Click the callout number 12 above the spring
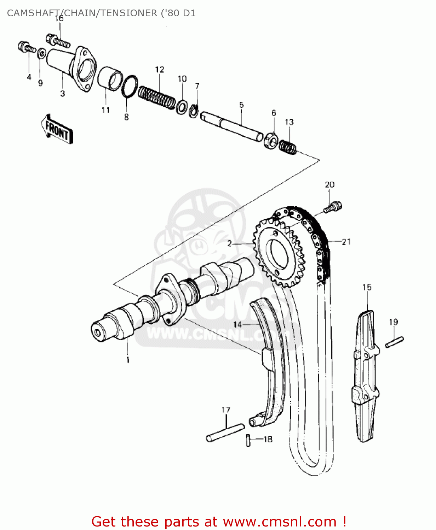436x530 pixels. click(160, 69)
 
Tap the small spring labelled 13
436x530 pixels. click(288, 147)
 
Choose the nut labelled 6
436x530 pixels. click(271, 140)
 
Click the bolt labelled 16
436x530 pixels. click(58, 41)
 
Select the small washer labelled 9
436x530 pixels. click(41, 54)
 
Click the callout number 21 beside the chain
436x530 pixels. click(346, 242)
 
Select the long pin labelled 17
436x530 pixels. click(225, 432)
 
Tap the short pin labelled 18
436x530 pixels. click(248, 440)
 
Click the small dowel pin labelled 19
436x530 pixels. click(394, 342)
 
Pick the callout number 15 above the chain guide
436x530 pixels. click(367, 287)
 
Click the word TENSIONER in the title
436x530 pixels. click(129, 13)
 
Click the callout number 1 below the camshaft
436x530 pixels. click(128, 360)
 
